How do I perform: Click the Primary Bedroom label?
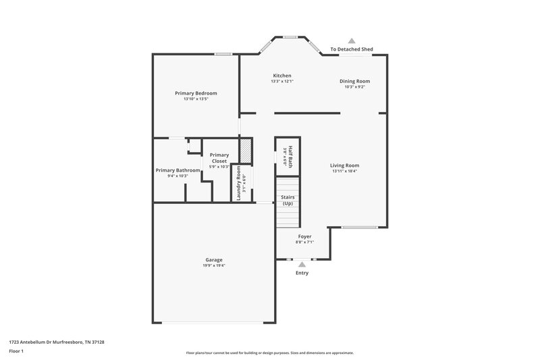[196, 93]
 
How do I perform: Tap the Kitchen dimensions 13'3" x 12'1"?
[282, 81]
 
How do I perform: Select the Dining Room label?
[354, 81]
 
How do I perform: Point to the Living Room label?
[344, 165]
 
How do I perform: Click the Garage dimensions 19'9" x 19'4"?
[214, 265]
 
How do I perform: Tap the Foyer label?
[304, 236]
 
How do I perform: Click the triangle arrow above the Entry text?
[302, 265]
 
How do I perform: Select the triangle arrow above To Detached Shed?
[351, 41]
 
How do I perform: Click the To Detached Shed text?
[351, 49]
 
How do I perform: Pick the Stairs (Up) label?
[288, 200]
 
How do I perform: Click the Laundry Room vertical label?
[238, 183]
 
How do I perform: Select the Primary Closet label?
[219, 158]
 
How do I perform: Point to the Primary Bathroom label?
[178, 170]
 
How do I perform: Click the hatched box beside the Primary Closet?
[246, 150]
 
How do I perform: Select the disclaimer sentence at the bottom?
[269, 353]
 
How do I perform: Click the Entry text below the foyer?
[302, 274]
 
